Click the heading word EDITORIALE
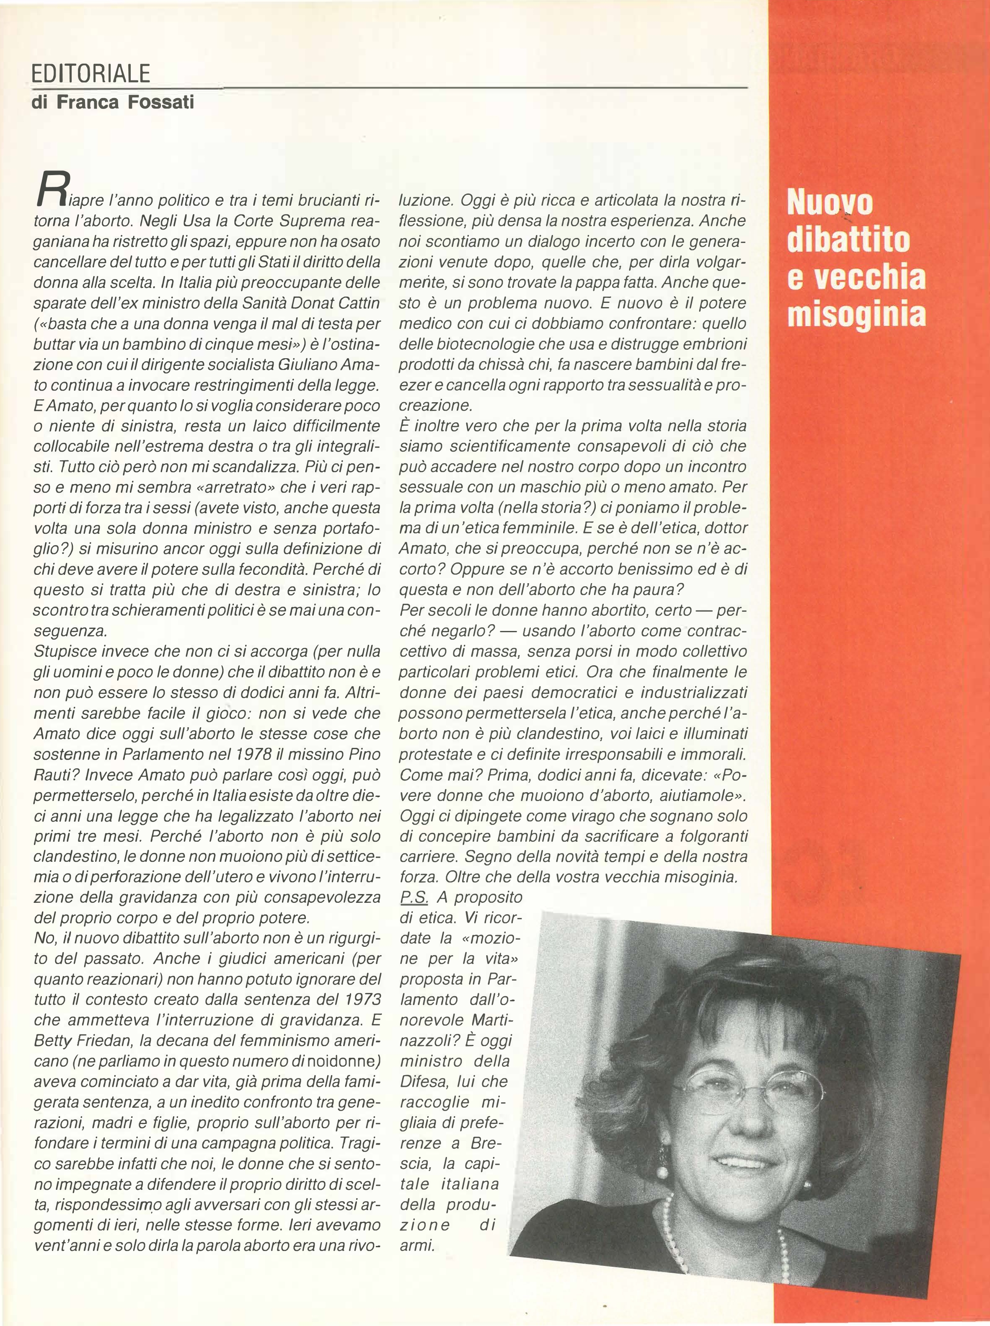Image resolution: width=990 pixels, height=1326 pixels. point(90,74)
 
